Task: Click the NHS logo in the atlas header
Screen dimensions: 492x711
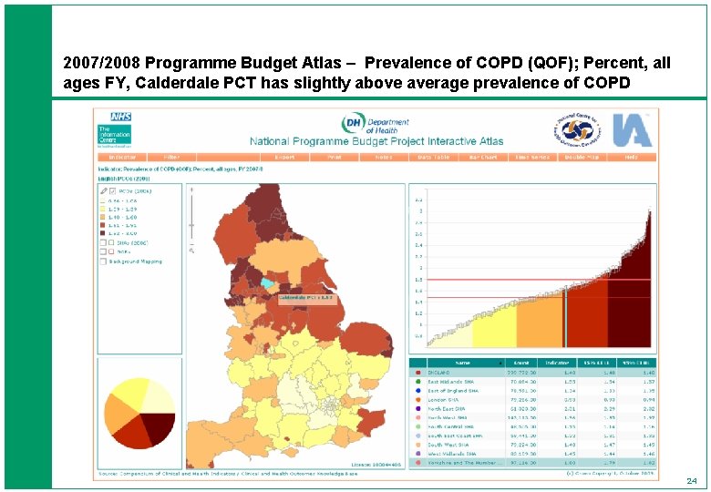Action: point(120,118)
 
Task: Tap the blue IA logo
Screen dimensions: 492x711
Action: point(632,129)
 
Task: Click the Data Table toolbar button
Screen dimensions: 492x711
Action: point(433,158)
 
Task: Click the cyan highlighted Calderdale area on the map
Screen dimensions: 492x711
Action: point(265,283)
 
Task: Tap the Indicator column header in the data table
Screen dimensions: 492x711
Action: point(545,362)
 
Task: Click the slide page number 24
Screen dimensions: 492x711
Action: point(691,480)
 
